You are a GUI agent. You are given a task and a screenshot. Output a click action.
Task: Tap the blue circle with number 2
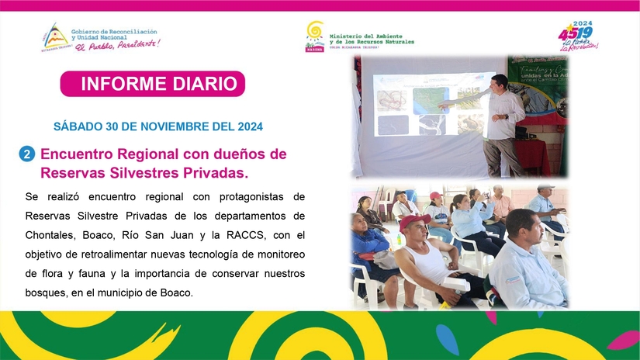pos(26,154)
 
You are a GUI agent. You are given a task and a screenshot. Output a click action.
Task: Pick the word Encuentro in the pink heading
pos(78,154)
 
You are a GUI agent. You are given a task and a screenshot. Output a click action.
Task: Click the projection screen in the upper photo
pos(431,105)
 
